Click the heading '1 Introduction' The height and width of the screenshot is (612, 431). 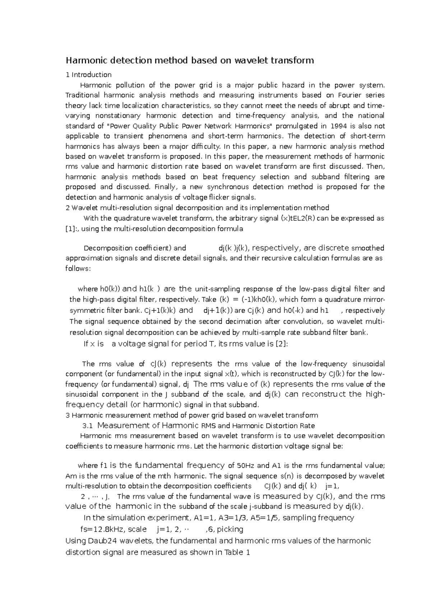coord(88,75)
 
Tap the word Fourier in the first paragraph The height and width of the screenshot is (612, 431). coord(350,95)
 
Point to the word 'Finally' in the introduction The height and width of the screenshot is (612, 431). coord(166,187)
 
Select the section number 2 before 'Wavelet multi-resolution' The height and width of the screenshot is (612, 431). coord(68,207)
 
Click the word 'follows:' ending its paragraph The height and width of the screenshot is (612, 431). coord(78,268)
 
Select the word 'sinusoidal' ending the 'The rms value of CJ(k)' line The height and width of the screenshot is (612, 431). coord(369,364)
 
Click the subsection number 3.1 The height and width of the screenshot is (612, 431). coord(88,426)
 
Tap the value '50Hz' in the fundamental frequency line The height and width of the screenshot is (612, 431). coord(246,466)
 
